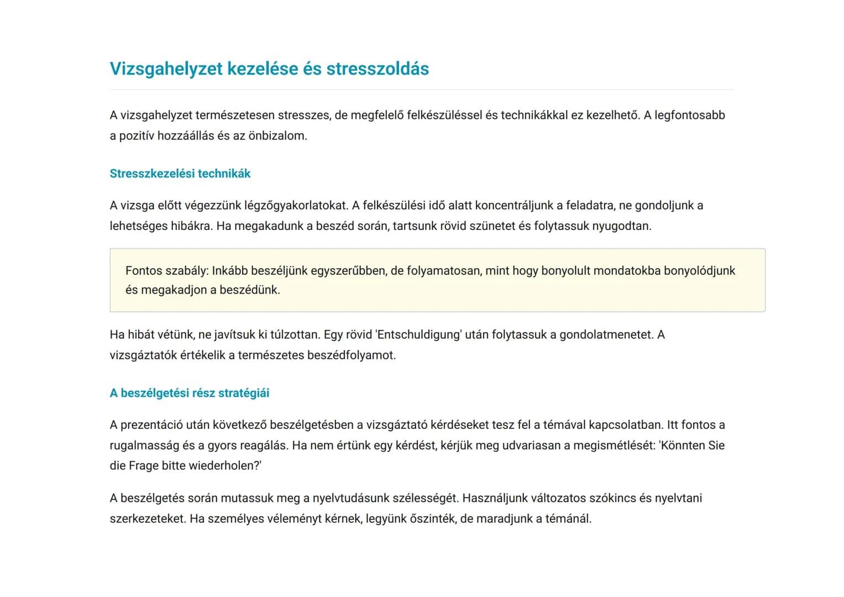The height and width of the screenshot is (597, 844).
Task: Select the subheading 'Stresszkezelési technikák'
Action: pos(180,174)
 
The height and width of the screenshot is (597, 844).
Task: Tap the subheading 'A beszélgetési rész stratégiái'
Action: pos(189,393)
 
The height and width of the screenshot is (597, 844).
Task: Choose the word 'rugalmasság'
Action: pos(144,446)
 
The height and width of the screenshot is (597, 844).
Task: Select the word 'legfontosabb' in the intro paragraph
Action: pos(689,116)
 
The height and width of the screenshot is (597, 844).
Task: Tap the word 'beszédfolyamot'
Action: pos(350,355)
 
